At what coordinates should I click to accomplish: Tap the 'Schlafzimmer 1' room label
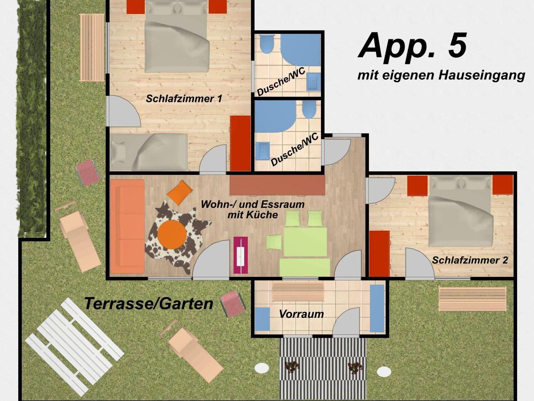click(184, 99)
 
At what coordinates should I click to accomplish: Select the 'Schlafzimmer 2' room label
click(470, 260)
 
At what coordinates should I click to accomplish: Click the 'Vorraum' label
click(301, 314)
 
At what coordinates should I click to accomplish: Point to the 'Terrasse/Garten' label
click(149, 303)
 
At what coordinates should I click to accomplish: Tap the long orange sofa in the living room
click(128, 226)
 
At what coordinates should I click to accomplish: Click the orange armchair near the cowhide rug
click(180, 193)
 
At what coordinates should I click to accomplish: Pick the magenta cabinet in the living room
click(240, 255)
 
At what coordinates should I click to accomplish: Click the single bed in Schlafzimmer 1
click(149, 152)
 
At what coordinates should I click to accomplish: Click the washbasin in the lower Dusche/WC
click(262, 151)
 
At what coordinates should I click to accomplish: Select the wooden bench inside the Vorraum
click(298, 291)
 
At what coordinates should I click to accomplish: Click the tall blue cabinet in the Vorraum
click(377, 308)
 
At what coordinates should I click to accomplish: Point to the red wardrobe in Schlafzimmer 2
click(379, 253)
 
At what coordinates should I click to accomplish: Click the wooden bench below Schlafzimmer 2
click(472, 299)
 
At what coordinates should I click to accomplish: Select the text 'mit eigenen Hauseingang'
click(441, 76)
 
